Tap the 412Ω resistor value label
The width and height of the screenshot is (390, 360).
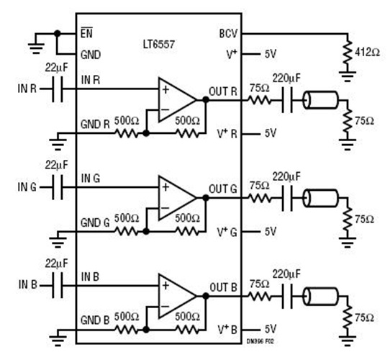pos(367,52)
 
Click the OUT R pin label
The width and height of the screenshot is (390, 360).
pos(224,91)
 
